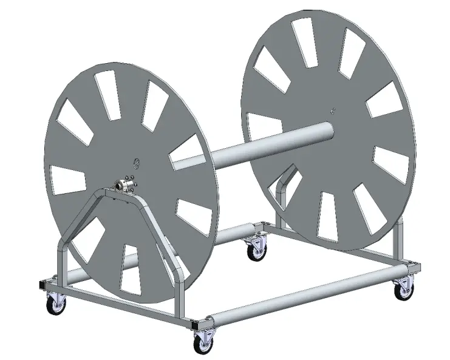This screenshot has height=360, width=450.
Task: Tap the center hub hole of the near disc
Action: [136, 162]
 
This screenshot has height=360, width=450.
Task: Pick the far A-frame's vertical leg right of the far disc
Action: [398, 243]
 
